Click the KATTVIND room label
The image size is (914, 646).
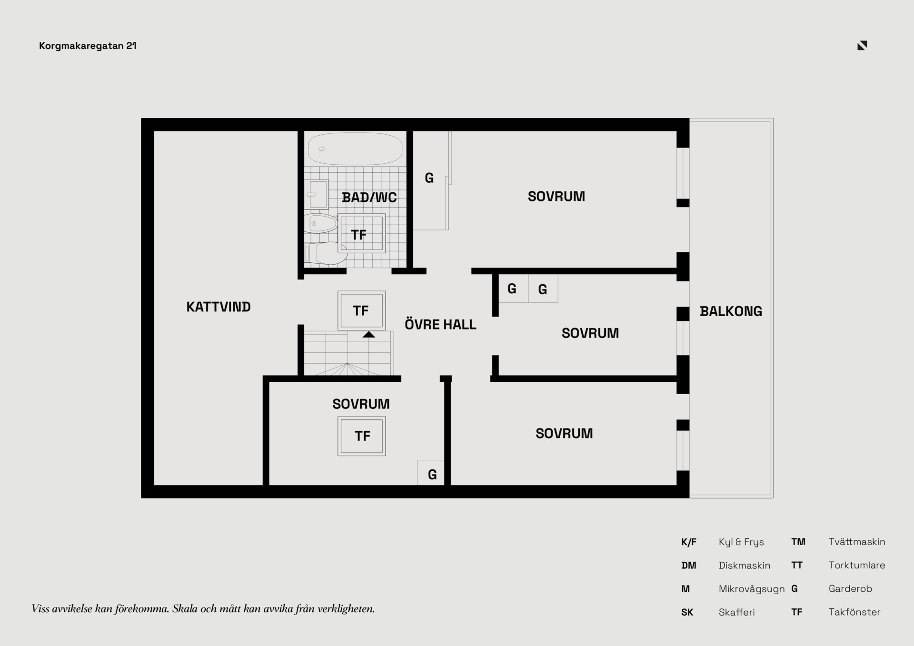[219, 307]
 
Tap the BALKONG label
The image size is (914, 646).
[731, 311]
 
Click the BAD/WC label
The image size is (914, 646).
[369, 197]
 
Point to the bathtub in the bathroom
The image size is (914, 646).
[355, 149]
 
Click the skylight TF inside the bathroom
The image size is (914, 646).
[362, 233]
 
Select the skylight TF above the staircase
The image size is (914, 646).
[362, 310]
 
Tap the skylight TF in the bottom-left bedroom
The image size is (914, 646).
[362, 436]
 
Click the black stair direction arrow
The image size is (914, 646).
[369, 335]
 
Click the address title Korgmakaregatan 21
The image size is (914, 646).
[88, 46]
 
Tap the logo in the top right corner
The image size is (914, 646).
[862, 45]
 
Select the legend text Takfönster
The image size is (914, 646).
[854, 612]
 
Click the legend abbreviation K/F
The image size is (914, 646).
[689, 542]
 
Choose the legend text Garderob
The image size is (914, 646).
[850, 588]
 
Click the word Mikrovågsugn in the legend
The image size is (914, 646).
[752, 589]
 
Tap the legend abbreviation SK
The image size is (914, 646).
[687, 612]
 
